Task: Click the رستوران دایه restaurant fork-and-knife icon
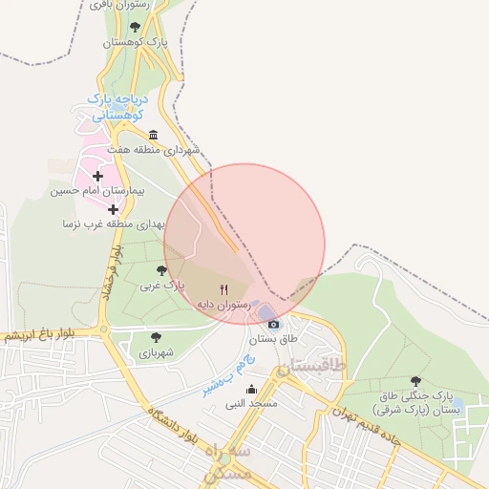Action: click(224, 288)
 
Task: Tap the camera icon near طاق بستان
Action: click(274, 324)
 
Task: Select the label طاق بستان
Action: click(274, 339)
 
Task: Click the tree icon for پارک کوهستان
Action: click(135, 28)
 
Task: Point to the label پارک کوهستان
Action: click(135, 43)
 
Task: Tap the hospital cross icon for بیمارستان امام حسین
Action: click(97, 176)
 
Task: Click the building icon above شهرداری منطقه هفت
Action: click(154, 135)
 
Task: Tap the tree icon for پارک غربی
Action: click(161, 270)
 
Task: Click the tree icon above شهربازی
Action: click(156, 337)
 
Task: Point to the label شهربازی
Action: click(156, 352)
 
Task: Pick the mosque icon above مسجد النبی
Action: click(251, 389)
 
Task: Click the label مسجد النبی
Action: click(251, 404)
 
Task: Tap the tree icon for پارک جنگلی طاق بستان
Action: click(415, 381)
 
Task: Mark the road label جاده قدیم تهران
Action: click(367, 411)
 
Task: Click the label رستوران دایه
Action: click(223, 304)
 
